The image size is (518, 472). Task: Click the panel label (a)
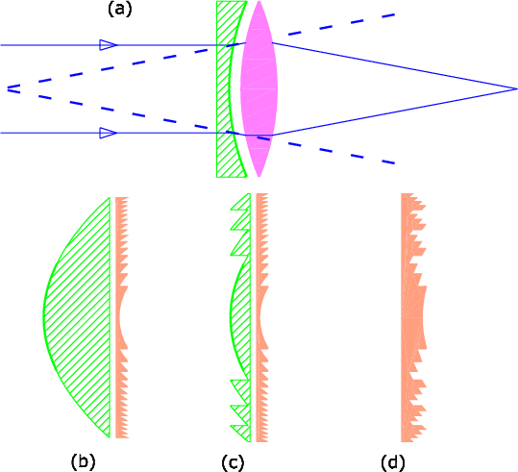pyautogui.click(x=119, y=10)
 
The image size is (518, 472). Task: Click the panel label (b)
pyautogui.click(x=83, y=461)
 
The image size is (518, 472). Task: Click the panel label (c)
pyautogui.click(x=233, y=462)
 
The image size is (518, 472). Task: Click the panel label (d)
pyautogui.click(x=393, y=462)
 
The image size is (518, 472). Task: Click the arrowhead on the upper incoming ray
pyautogui.click(x=108, y=45)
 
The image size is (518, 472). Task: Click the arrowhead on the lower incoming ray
pyautogui.click(x=108, y=133)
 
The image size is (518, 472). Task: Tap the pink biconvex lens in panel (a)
pyautogui.click(x=259, y=88)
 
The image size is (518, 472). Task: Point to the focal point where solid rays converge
pyautogui.click(x=516, y=88)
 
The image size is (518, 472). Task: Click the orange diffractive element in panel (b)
pyautogui.click(x=121, y=317)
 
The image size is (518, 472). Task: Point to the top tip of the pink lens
pyautogui.click(x=259, y=1)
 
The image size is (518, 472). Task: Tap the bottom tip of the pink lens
pyautogui.click(x=259, y=177)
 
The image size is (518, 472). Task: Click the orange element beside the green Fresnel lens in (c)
pyautogui.click(x=261, y=317)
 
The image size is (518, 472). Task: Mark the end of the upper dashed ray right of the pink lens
pyautogui.click(x=394, y=14)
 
